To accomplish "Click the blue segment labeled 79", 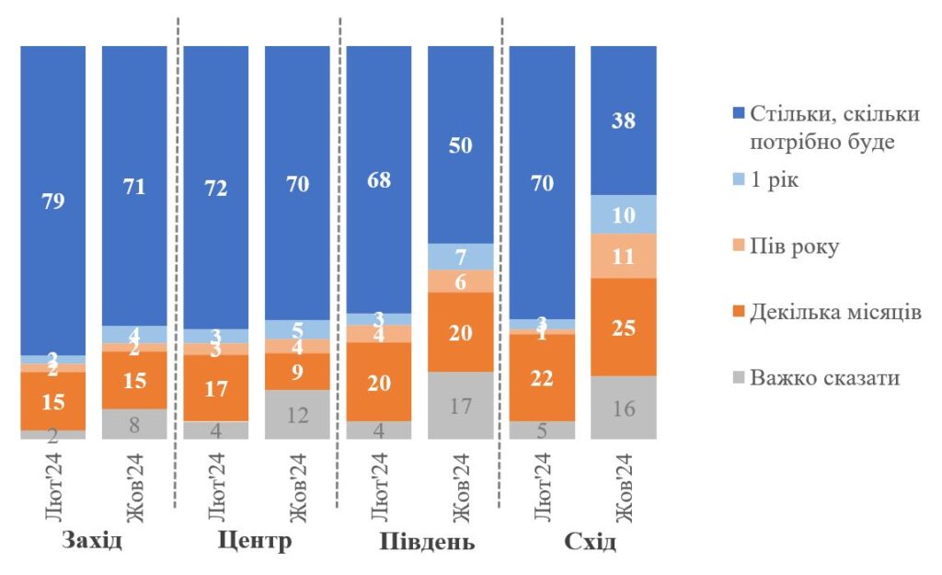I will point(53,201).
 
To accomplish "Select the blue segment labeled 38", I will point(623,121).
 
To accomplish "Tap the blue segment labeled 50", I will point(460,144).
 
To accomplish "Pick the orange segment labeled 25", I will point(623,327).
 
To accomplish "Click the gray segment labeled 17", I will point(460,405).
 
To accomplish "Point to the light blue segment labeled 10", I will point(623,214).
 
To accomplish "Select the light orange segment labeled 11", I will point(623,256).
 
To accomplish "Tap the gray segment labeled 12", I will point(297,414).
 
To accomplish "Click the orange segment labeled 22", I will point(542,377).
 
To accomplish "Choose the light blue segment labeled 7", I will point(460,257).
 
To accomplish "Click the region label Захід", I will point(92,540).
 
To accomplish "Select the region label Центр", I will point(255,540).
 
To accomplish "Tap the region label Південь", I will point(427,541).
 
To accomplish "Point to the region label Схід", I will point(590,541).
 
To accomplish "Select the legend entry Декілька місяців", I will point(834,312).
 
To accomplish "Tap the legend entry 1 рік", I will point(775,180).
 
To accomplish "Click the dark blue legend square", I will point(738,115).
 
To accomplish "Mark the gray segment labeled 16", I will point(623,408).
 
